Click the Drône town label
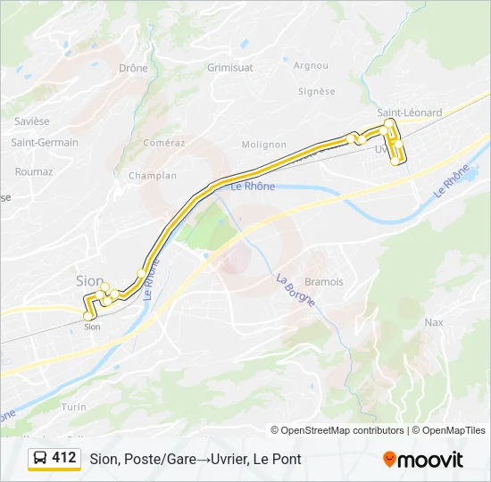click(133, 68)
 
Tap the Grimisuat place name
click(229, 67)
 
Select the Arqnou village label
click(311, 65)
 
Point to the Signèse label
click(317, 91)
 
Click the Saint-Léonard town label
click(409, 112)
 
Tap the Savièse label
click(32, 120)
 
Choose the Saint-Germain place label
click(45, 142)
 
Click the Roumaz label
click(34, 171)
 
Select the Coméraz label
click(164, 142)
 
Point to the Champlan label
click(153, 176)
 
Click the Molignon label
click(263, 145)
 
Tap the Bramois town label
click(323, 281)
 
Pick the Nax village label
click(434, 322)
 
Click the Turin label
click(74, 406)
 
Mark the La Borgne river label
click(295, 290)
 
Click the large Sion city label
click(89, 280)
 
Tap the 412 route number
click(63, 458)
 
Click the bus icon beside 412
click(40, 458)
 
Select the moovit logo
click(423, 460)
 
